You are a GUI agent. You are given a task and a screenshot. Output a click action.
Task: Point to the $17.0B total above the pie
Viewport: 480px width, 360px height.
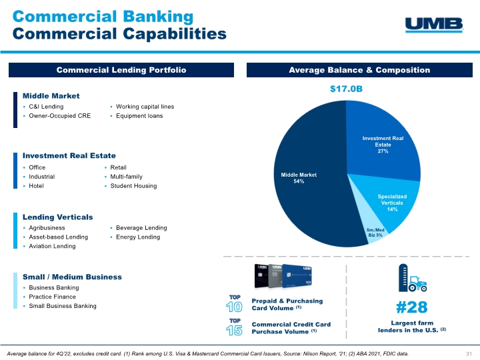click(x=346, y=88)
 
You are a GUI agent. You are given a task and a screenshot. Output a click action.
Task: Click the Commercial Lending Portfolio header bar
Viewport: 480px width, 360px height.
click(x=121, y=70)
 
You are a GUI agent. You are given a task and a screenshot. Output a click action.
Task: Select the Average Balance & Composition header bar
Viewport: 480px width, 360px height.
click(x=359, y=70)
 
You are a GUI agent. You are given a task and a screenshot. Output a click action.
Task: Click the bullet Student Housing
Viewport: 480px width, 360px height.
click(x=136, y=186)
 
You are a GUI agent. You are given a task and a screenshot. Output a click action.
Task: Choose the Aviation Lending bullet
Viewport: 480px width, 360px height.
click(x=51, y=246)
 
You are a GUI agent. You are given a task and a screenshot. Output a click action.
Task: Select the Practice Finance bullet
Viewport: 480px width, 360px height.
click(x=51, y=297)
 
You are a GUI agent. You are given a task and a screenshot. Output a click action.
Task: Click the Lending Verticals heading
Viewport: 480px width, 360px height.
click(x=57, y=217)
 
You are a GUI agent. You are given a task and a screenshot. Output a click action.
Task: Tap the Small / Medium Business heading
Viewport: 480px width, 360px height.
click(x=72, y=277)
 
